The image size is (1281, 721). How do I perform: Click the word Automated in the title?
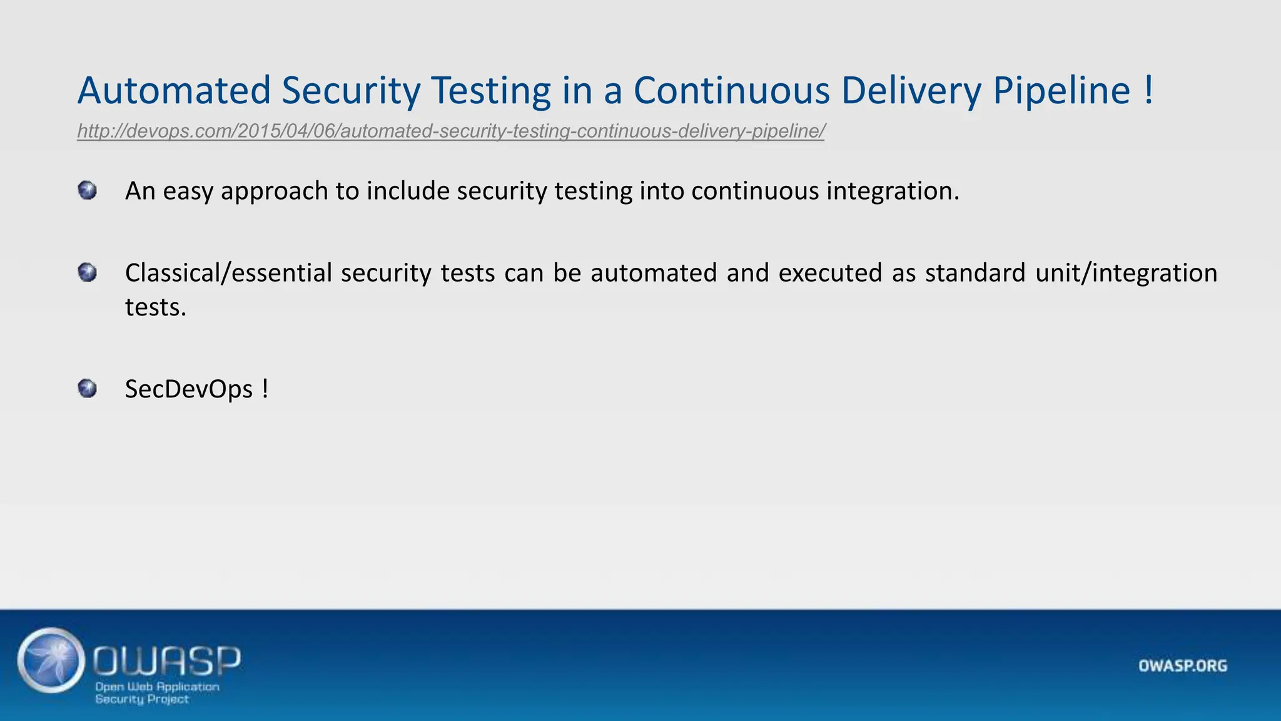click(174, 90)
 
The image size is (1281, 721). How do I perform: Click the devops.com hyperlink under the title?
click(450, 131)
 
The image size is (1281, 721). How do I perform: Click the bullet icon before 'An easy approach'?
click(88, 190)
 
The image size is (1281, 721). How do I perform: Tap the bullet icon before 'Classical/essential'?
click(88, 273)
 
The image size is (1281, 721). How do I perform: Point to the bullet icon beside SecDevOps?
click(88, 389)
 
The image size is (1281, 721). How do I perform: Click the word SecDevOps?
click(189, 389)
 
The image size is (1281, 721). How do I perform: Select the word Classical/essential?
click(228, 274)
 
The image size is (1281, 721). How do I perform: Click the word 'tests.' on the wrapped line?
click(156, 307)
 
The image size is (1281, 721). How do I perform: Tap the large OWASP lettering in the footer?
click(167, 660)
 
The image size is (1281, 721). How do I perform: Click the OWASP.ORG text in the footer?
click(1182, 665)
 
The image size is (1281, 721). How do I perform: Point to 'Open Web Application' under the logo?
click(157, 687)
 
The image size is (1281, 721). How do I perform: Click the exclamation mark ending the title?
click(1148, 90)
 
